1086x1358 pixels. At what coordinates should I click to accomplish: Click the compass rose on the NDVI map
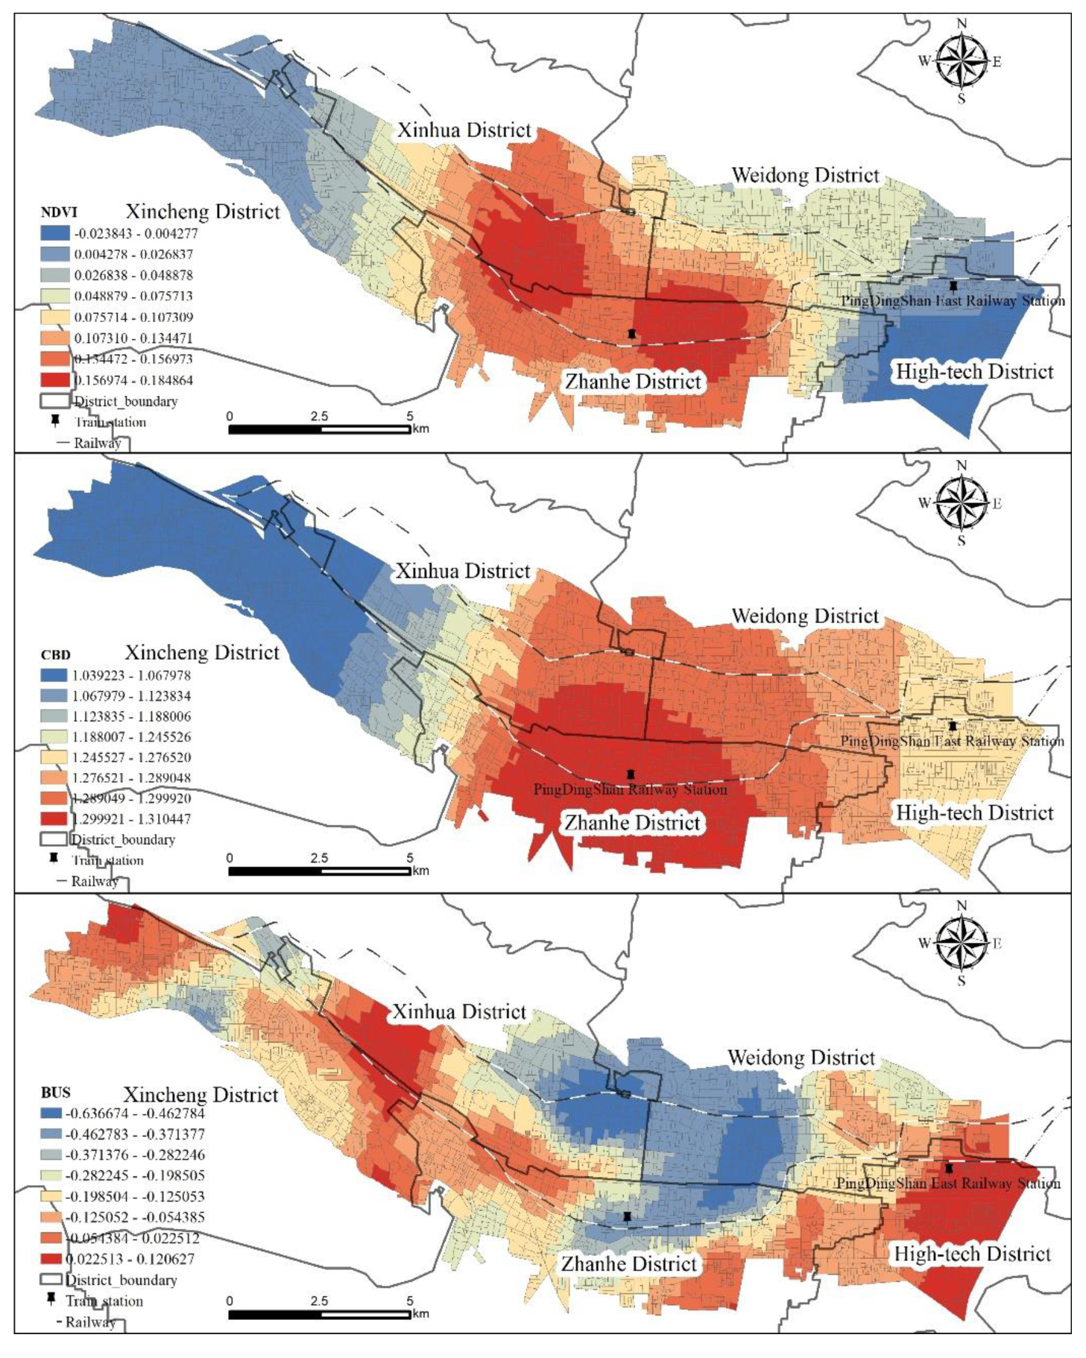[x=961, y=61]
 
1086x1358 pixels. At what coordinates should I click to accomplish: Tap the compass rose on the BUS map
[x=961, y=944]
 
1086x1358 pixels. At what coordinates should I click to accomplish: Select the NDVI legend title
[x=59, y=212]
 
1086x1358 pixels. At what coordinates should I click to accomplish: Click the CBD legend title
[x=55, y=655]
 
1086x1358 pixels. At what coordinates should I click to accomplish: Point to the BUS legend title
[x=55, y=1093]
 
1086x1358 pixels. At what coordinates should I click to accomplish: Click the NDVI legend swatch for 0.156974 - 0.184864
[x=54, y=380]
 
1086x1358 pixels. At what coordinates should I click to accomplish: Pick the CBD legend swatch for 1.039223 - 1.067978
[x=54, y=675]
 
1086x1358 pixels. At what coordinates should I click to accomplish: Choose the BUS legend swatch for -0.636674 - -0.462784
[x=51, y=1114]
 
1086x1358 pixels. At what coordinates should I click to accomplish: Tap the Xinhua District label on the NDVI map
[x=464, y=130]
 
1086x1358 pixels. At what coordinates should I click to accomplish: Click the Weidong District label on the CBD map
[x=805, y=616]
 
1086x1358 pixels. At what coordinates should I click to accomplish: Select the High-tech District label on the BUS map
[x=972, y=1254]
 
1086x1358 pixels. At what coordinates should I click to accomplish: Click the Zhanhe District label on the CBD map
[x=632, y=823]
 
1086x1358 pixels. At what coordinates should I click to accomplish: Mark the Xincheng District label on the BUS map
[x=201, y=1095]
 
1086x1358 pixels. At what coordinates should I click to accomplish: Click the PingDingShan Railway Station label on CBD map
[x=630, y=789]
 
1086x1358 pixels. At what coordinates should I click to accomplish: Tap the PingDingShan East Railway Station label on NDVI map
[x=953, y=301]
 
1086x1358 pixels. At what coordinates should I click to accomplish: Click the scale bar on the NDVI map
[x=319, y=429]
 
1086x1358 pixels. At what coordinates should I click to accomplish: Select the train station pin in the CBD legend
[x=54, y=859]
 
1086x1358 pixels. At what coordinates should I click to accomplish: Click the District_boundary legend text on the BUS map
[x=121, y=1280]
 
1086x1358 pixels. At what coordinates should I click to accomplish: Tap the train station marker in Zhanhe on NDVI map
[x=632, y=334]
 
